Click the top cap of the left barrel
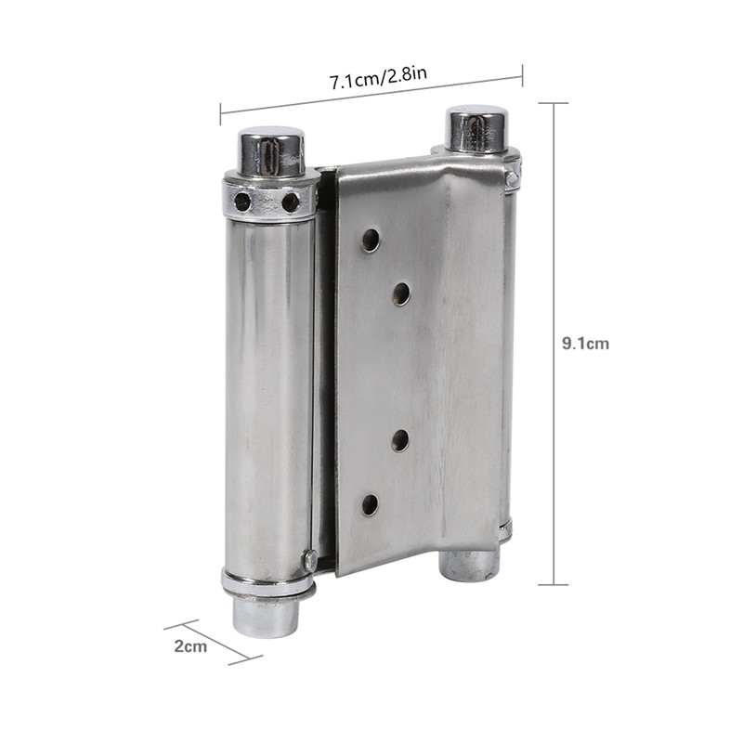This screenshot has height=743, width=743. tap(272, 150)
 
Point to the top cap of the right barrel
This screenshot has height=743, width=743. tap(476, 128)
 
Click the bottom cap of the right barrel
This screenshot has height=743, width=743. tap(469, 564)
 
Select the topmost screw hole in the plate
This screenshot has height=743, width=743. tap(371, 240)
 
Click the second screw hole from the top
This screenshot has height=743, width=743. tap(401, 294)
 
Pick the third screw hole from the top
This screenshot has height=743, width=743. tap(401, 440)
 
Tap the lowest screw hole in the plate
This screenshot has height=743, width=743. tap(371, 505)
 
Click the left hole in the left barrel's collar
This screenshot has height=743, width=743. tap(242, 201)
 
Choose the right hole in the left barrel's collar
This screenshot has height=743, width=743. tap(291, 201)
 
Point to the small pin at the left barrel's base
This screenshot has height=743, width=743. tap(309, 560)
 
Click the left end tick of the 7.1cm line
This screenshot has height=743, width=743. tap(220, 113)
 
